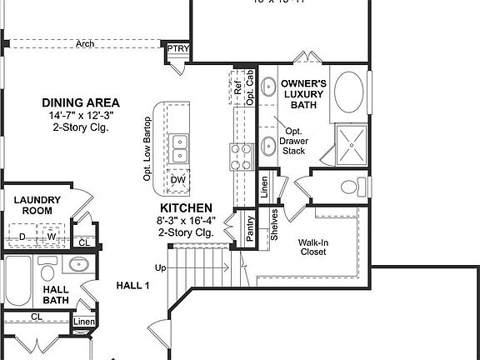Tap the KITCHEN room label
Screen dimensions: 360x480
(187, 207)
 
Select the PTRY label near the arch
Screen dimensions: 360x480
(178, 49)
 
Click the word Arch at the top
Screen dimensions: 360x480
(83, 44)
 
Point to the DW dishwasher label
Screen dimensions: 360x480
(178, 180)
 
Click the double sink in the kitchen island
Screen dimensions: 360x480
(179, 148)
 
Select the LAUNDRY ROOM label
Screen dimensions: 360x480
(37, 206)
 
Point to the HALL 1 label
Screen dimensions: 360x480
(132, 285)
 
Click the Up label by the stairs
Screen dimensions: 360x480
(160, 267)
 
